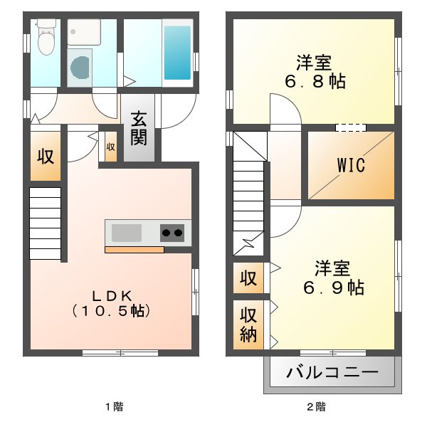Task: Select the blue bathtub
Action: [x=177, y=53]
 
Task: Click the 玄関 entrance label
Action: [x=139, y=127]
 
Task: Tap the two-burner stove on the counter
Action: [x=172, y=232]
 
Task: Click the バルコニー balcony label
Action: [x=332, y=371]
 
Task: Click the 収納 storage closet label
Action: [x=248, y=324]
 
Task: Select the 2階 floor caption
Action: [x=316, y=407]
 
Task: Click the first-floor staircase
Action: [x=45, y=223]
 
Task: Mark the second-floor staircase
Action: [x=249, y=192]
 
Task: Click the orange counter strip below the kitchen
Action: [x=135, y=249]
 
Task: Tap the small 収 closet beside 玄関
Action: [x=110, y=148]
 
